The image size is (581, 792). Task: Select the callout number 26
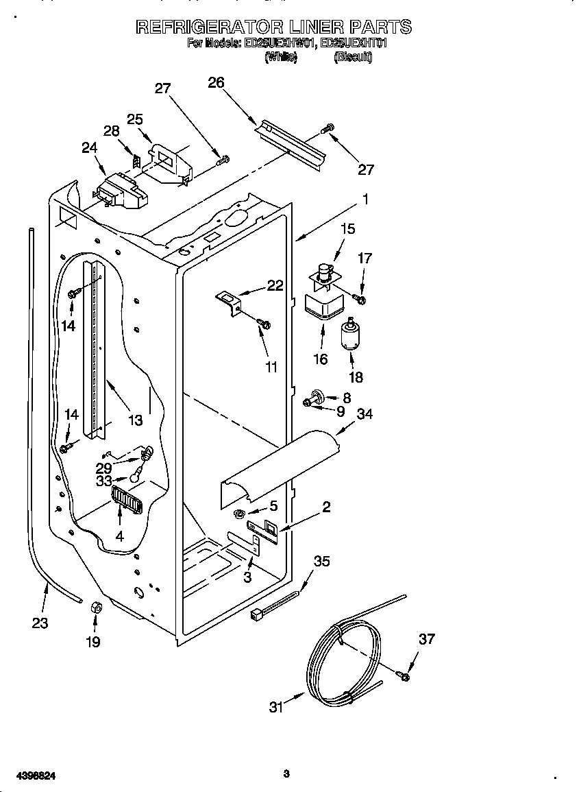coord(216,82)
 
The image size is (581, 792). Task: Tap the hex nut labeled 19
coord(97,607)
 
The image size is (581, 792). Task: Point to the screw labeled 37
coord(404,677)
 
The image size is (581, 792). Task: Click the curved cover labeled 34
coord(281,467)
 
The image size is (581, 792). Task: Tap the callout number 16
coord(320,359)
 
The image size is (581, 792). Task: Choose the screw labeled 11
coord(264,323)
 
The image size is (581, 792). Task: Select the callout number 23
coord(40,623)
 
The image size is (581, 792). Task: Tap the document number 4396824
coord(29,776)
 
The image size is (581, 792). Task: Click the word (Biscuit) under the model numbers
coord(353,58)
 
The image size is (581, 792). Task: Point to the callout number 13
coord(135,420)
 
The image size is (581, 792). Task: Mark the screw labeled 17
coord(360,299)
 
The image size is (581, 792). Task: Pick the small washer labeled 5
coord(240,514)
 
